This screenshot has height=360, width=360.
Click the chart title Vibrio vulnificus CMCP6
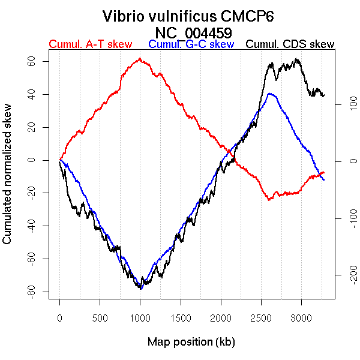(x=188, y=16)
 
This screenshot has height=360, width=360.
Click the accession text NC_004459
(x=193, y=32)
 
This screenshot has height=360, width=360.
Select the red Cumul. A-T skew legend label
(x=90, y=44)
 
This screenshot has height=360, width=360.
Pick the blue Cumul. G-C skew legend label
(x=191, y=44)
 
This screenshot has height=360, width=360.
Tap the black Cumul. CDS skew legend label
(x=290, y=44)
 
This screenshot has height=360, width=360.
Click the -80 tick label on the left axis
(x=40, y=292)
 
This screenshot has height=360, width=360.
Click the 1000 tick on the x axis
(x=140, y=317)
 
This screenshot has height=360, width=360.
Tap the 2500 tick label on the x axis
(x=261, y=317)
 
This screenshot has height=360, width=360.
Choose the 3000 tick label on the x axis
(x=301, y=317)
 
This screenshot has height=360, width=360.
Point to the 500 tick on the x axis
(x=100, y=317)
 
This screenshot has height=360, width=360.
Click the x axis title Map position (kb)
(x=191, y=342)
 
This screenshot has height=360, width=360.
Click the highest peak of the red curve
(x=139, y=58)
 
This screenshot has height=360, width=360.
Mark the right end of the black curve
(x=324, y=95)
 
